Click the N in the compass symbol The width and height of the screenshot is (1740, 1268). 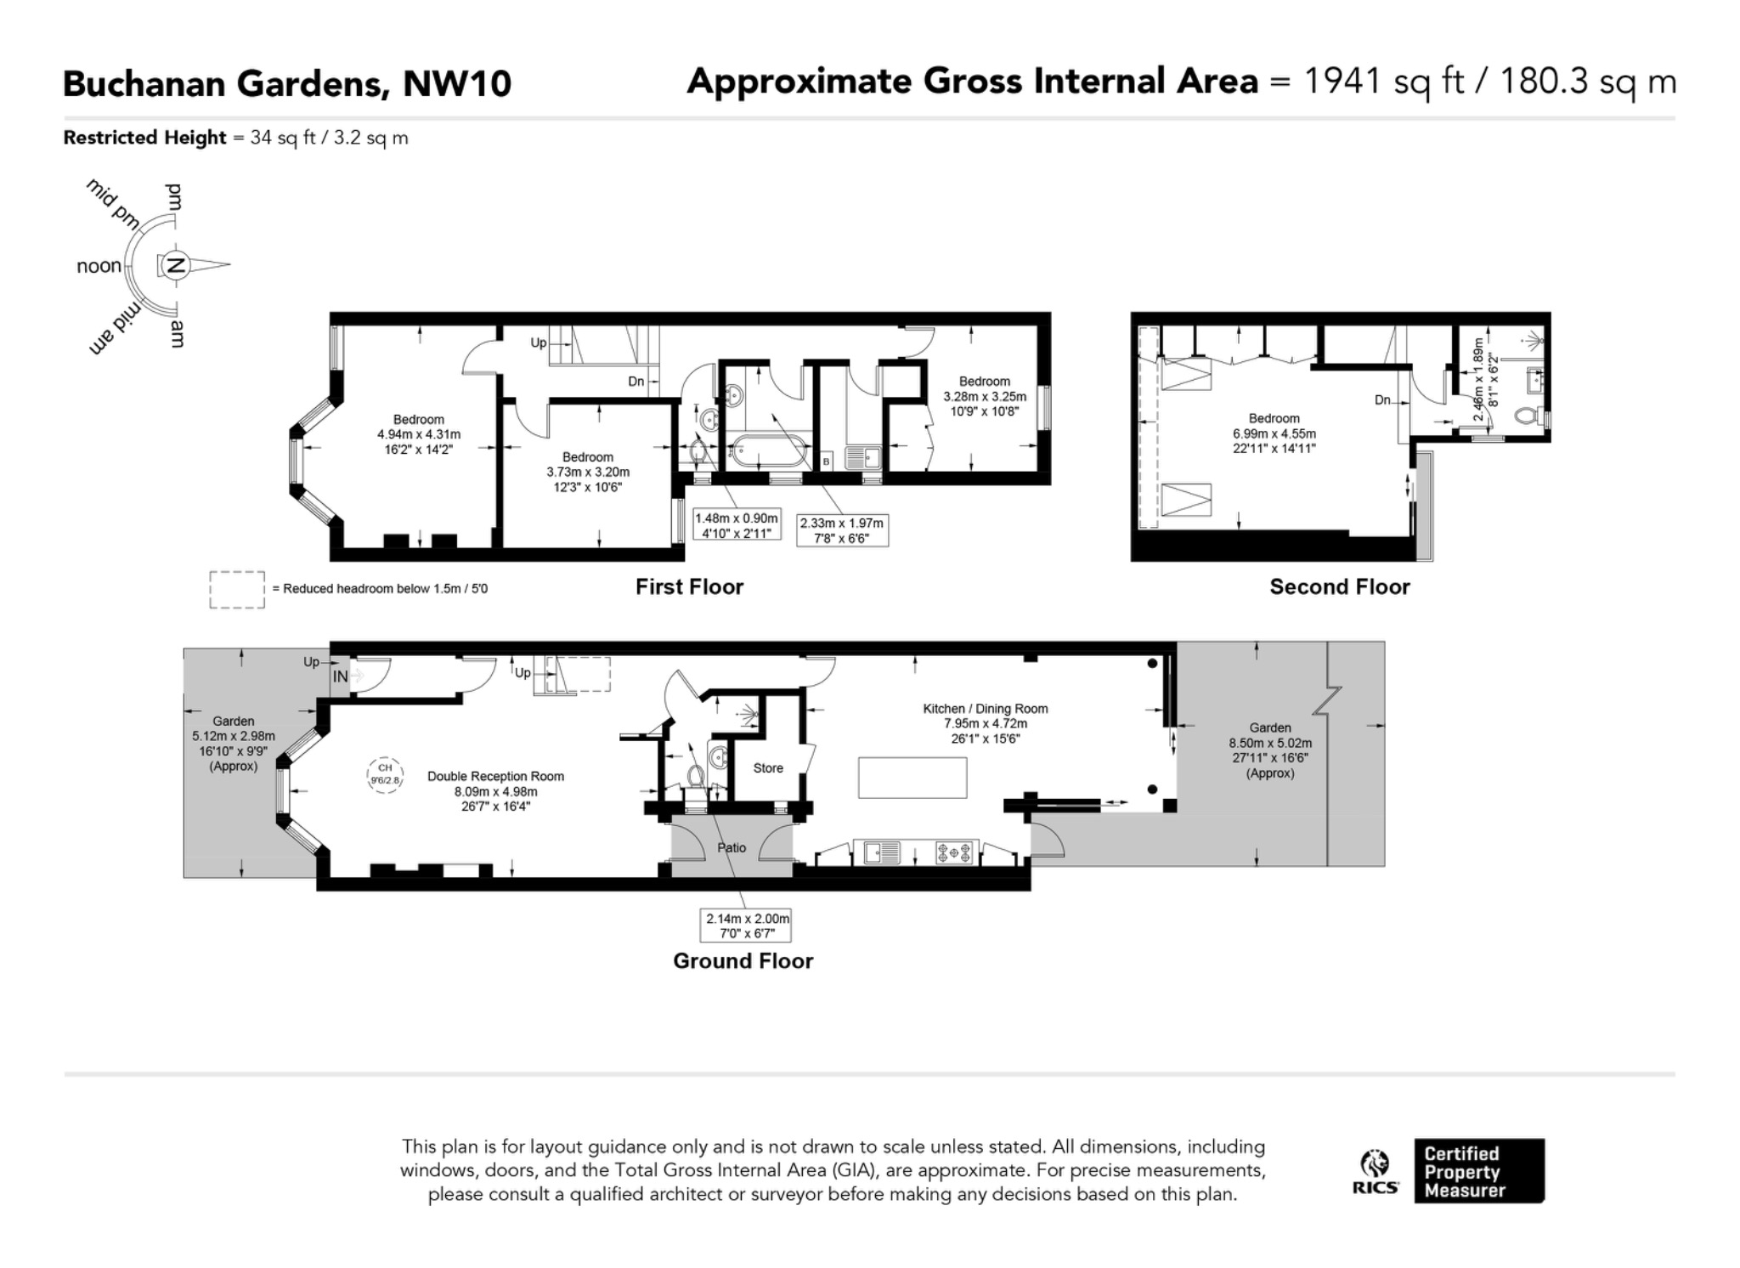tap(176, 266)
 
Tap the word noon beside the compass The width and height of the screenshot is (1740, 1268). tap(99, 266)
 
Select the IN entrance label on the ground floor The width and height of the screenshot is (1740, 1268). tap(340, 676)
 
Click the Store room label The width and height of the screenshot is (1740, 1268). tap(768, 768)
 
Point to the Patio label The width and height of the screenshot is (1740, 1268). tap(732, 848)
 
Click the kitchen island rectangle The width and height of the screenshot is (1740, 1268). tap(912, 778)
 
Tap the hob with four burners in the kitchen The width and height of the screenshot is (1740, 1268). tap(954, 852)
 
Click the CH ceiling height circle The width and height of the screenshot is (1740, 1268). tap(385, 774)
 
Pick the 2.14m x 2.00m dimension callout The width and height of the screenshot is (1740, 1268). tap(745, 926)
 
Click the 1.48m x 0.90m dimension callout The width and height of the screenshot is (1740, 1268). tap(736, 525)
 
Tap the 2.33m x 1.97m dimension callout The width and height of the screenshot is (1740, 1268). tap(842, 530)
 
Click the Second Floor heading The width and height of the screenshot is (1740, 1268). tap(1340, 587)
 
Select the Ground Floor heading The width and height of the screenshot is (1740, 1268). tap(743, 961)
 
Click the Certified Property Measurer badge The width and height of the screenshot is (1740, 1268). tap(1479, 1171)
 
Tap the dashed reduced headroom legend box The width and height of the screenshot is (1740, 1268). tap(237, 590)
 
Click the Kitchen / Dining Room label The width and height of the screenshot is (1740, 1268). tap(986, 709)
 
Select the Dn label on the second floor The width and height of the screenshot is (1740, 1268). tap(1383, 400)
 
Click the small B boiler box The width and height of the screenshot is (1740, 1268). tap(826, 461)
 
